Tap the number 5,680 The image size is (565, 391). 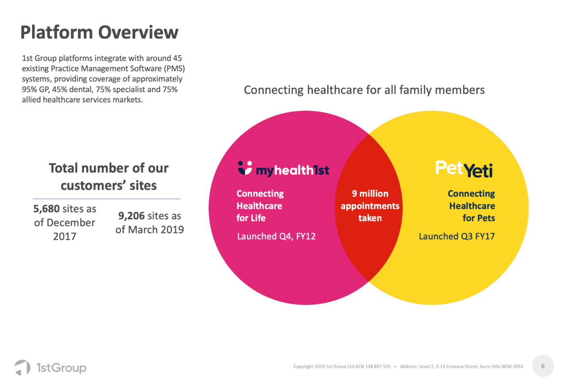coord(47,209)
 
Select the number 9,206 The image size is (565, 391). coord(131,216)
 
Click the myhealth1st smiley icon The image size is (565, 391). coord(245,168)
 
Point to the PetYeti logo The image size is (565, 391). coord(464,169)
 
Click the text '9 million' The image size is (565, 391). coord(370,194)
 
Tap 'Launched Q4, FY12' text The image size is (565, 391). coord(276,236)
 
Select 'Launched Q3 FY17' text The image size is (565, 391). coord(457,236)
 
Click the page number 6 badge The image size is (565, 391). coord(543,366)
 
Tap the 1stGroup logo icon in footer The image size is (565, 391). coord(22,368)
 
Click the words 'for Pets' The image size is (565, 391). coord(479,218)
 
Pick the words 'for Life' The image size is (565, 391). coord(251,218)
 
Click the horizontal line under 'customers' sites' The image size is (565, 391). coord(106,199)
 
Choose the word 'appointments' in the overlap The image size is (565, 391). coord(370,206)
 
